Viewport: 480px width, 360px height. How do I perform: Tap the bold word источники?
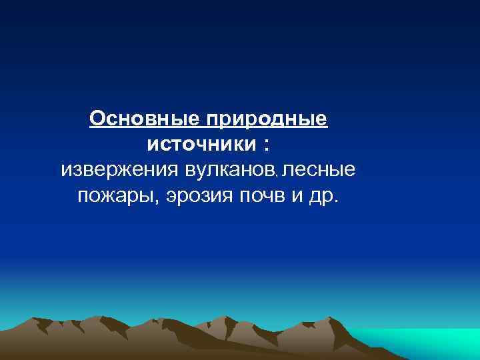point(198,144)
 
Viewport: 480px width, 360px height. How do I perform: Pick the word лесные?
point(319,170)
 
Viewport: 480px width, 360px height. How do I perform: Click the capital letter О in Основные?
point(98,119)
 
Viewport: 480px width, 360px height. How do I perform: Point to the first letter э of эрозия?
point(172,196)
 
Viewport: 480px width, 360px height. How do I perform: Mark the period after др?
point(336,202)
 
